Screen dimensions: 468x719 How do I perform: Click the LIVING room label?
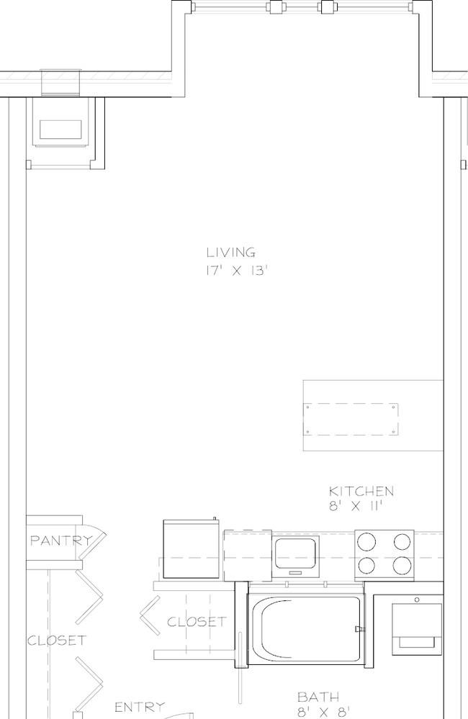click(231, 252)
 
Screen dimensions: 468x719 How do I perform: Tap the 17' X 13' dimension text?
click(236, 271)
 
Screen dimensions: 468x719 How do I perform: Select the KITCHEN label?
click(361, 491)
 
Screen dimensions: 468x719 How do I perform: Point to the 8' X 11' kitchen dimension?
click(356, 506)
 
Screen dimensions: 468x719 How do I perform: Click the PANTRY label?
click(60, 541)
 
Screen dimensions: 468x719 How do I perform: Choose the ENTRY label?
click(140, 707)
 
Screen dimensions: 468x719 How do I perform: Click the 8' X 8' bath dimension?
click(323, 713)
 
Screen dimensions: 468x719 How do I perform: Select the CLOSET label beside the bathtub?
click(197, 622)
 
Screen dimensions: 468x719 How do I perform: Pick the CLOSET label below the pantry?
click(56, 640)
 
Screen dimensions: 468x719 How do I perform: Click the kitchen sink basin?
click(294, 553)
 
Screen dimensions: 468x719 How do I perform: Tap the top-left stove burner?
click(366, 541)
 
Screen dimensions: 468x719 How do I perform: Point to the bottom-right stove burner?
click(402, 566)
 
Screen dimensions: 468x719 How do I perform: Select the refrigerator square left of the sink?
click(191, 549)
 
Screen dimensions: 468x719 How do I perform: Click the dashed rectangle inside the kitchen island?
click(351, 419)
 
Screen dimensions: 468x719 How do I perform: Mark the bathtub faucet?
click(360, 629)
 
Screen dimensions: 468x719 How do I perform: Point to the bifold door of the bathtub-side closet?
click(150, 615)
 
